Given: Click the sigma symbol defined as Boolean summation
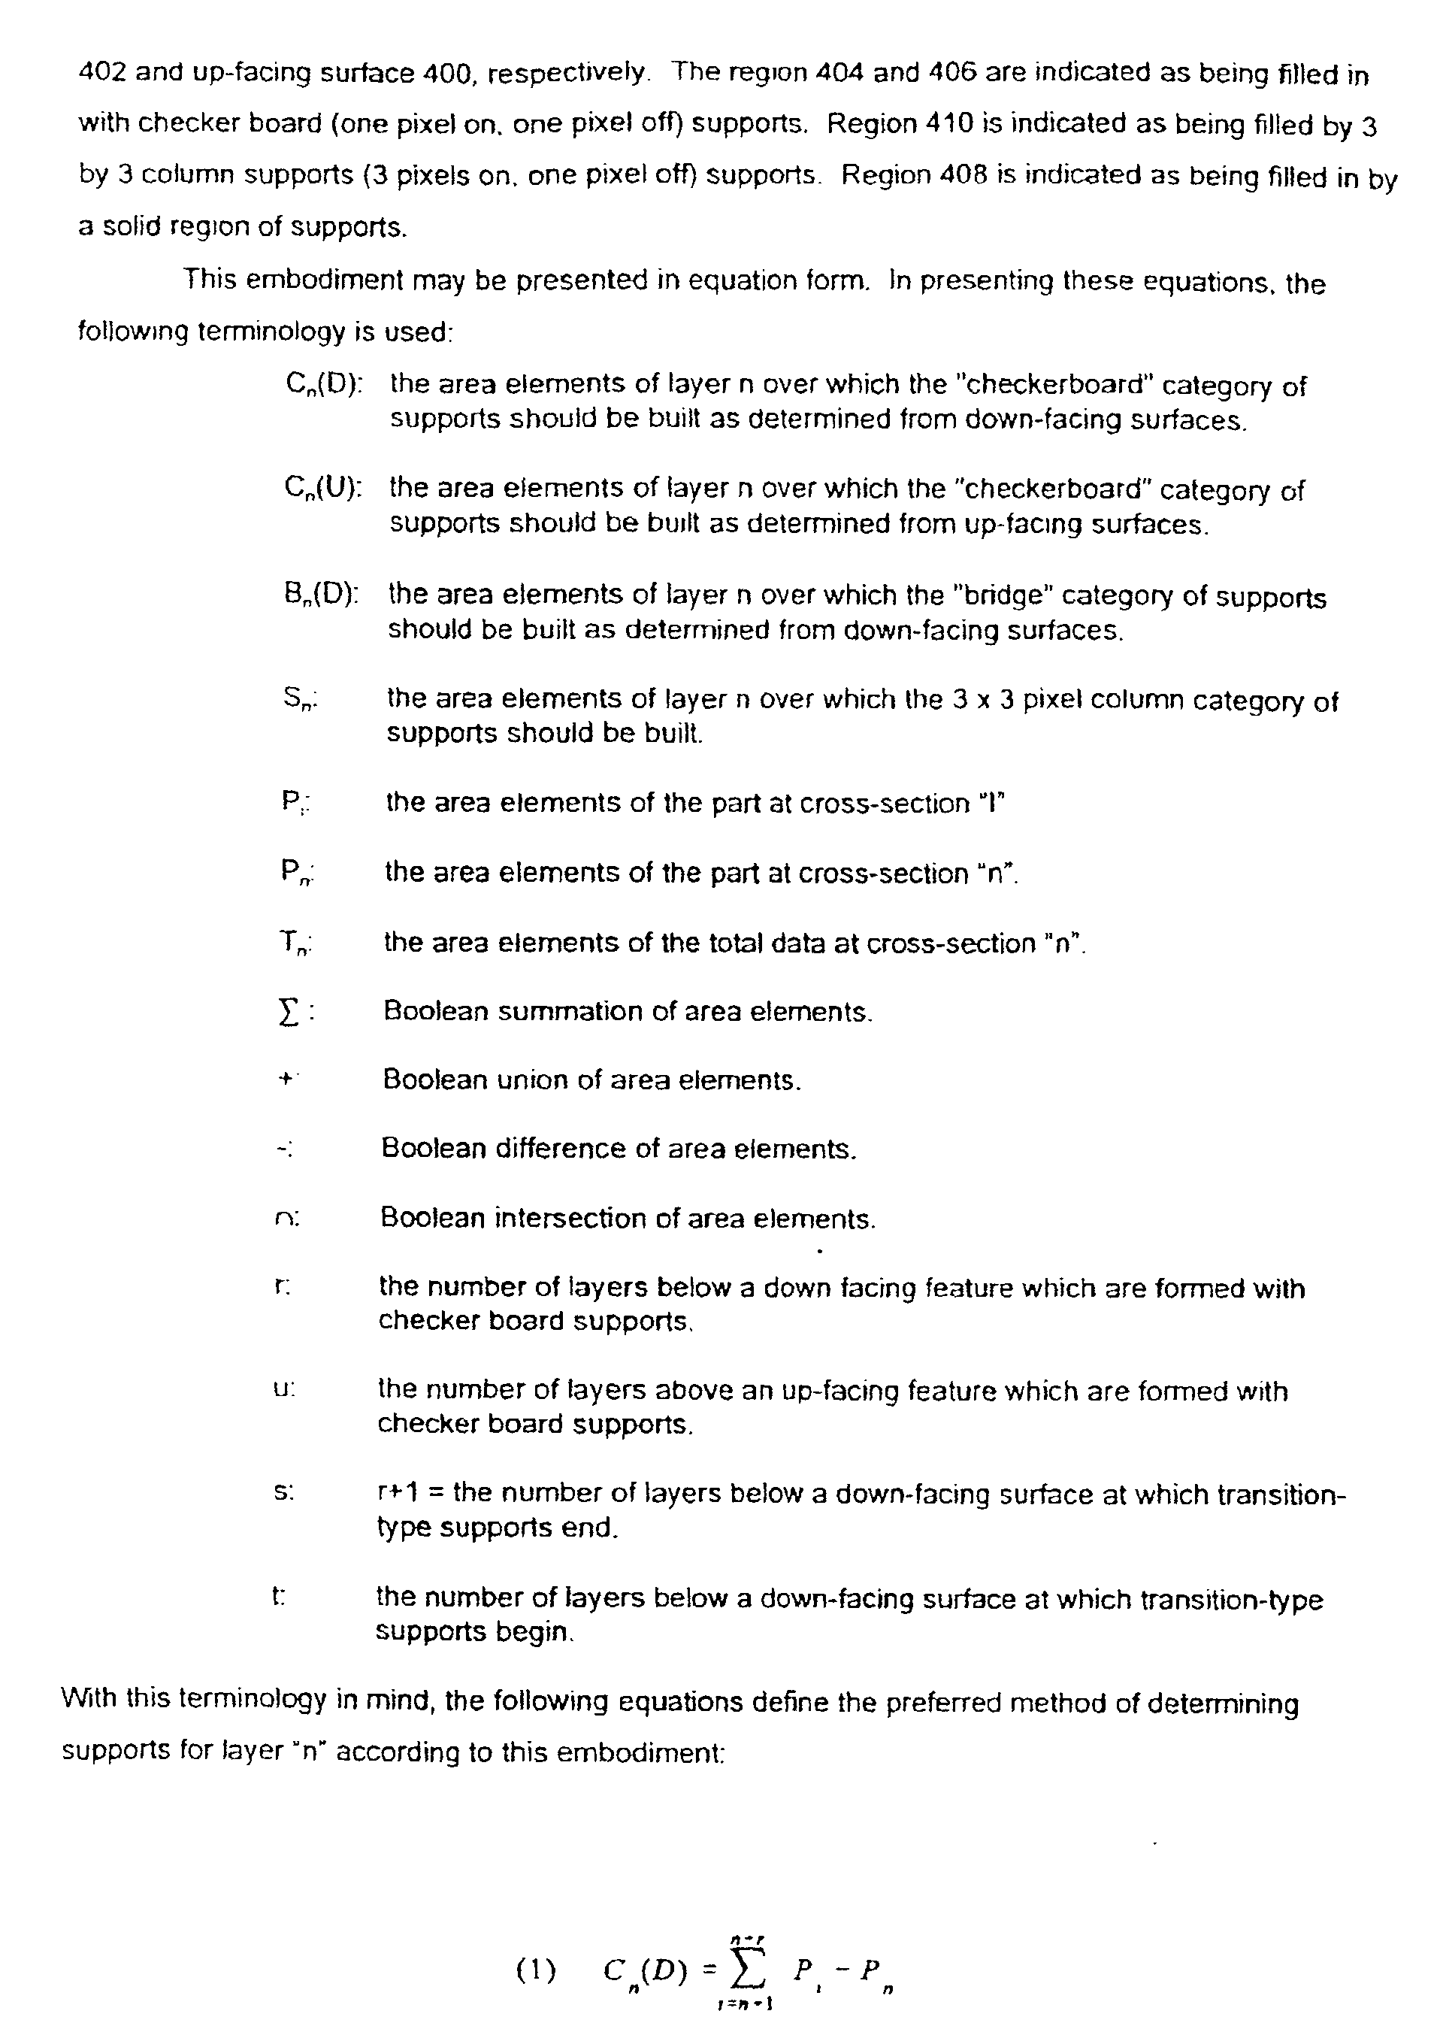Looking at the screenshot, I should pos(286,1013).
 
